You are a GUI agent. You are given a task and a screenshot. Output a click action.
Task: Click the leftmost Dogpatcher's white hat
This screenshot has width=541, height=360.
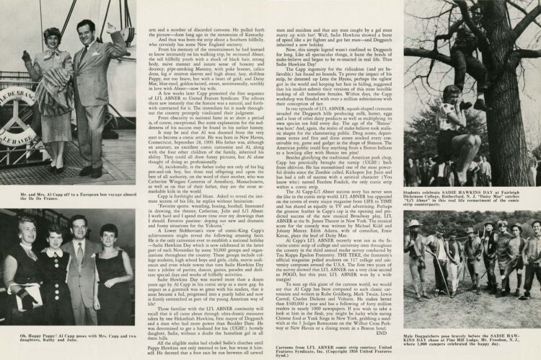[414, 224]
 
